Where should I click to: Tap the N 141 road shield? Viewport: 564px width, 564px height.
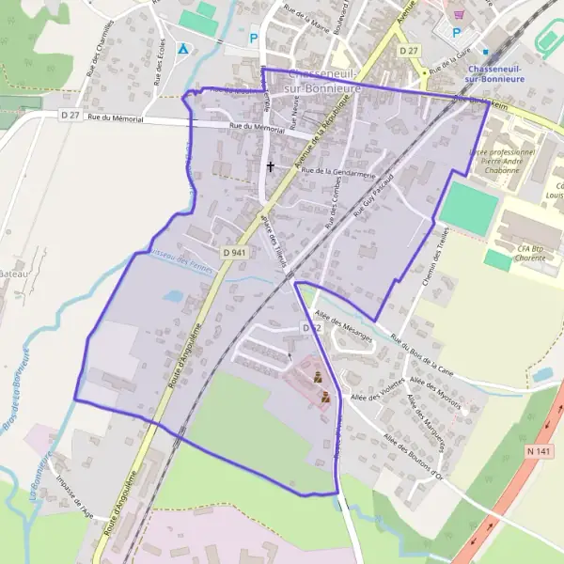[538, 452]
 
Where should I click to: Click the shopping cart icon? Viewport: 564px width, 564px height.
[459, 14]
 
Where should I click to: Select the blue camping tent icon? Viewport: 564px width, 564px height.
[183, 48]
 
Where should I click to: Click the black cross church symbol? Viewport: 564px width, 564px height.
[271, 166]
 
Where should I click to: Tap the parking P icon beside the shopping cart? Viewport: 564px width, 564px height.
[457, 32]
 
